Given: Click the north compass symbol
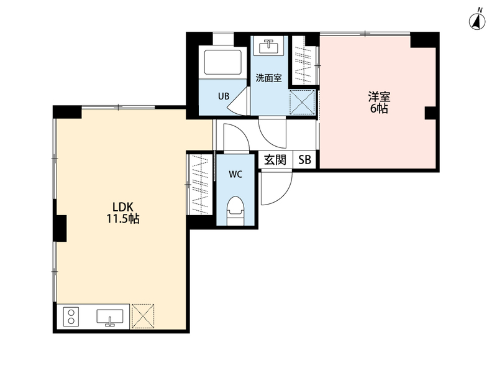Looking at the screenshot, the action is tap(477, 21).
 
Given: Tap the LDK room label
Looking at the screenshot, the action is tap(122, 207).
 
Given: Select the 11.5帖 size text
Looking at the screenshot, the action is tap(122, 219).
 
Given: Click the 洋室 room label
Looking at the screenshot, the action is tap(379, 97).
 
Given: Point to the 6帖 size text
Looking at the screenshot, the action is tap(379, 109).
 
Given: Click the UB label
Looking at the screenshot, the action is tap(224, 96).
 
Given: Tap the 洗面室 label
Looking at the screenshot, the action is tap(269, 78).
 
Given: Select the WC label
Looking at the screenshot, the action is tap(235, 174).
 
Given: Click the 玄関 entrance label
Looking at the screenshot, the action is tap(275, 160).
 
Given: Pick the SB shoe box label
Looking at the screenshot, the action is tap(304, 160).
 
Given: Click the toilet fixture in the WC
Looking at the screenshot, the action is tap(235, 211).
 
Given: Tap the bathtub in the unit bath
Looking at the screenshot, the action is tap(223, 62).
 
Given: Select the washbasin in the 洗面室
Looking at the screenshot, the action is tap(269, 47).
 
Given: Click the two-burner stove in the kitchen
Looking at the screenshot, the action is tap(71, 316).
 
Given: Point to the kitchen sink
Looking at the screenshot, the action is tap(110, 317).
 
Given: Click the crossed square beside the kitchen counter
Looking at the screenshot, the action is tap(143, 316).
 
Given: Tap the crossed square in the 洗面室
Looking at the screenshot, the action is tap(303, 102).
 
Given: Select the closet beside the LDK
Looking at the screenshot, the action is tap(201, 184).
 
